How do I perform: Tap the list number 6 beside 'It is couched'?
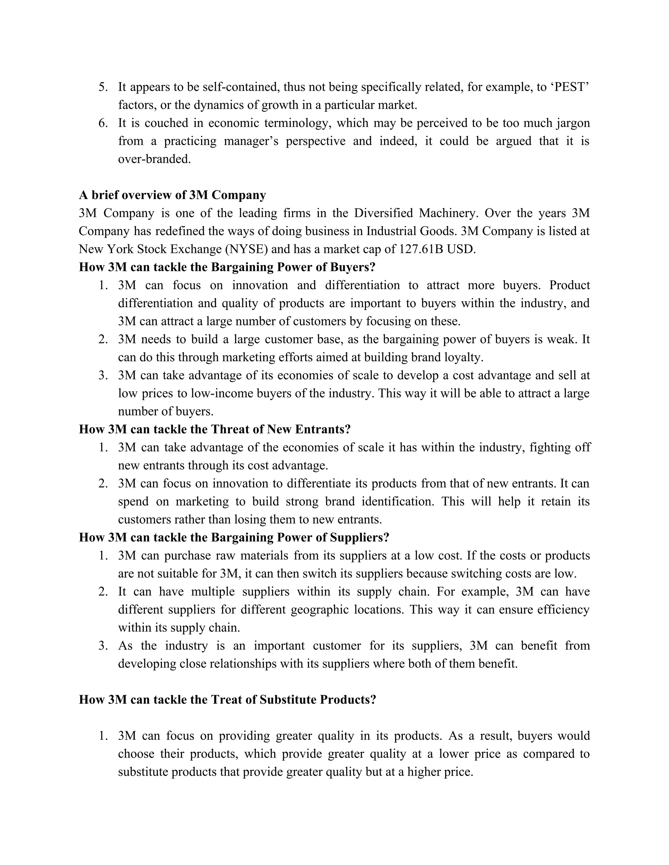pyautogui.click(x=102, y=123)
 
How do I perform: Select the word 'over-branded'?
pyautogui.click(x=154, y=159)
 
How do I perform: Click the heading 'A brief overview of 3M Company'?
pyautogui.click(x=172, y=195)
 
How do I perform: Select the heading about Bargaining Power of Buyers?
pyautogui.click(x=227, y=267)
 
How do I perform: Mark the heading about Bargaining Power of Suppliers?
pyautogui.click(x=234, y=538)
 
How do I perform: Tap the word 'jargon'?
pyautogui.click(x=573, y=123)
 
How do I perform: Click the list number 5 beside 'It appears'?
pyautogui.click(x=102, y=87)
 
